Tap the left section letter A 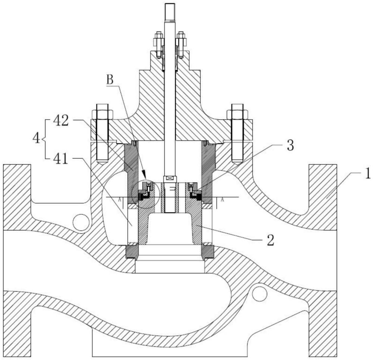point(119,200)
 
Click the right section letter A point(223,200)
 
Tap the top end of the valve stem point(170,7)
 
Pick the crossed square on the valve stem point(170,179)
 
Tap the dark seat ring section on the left point(132,251)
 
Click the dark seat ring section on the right point(208,251)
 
